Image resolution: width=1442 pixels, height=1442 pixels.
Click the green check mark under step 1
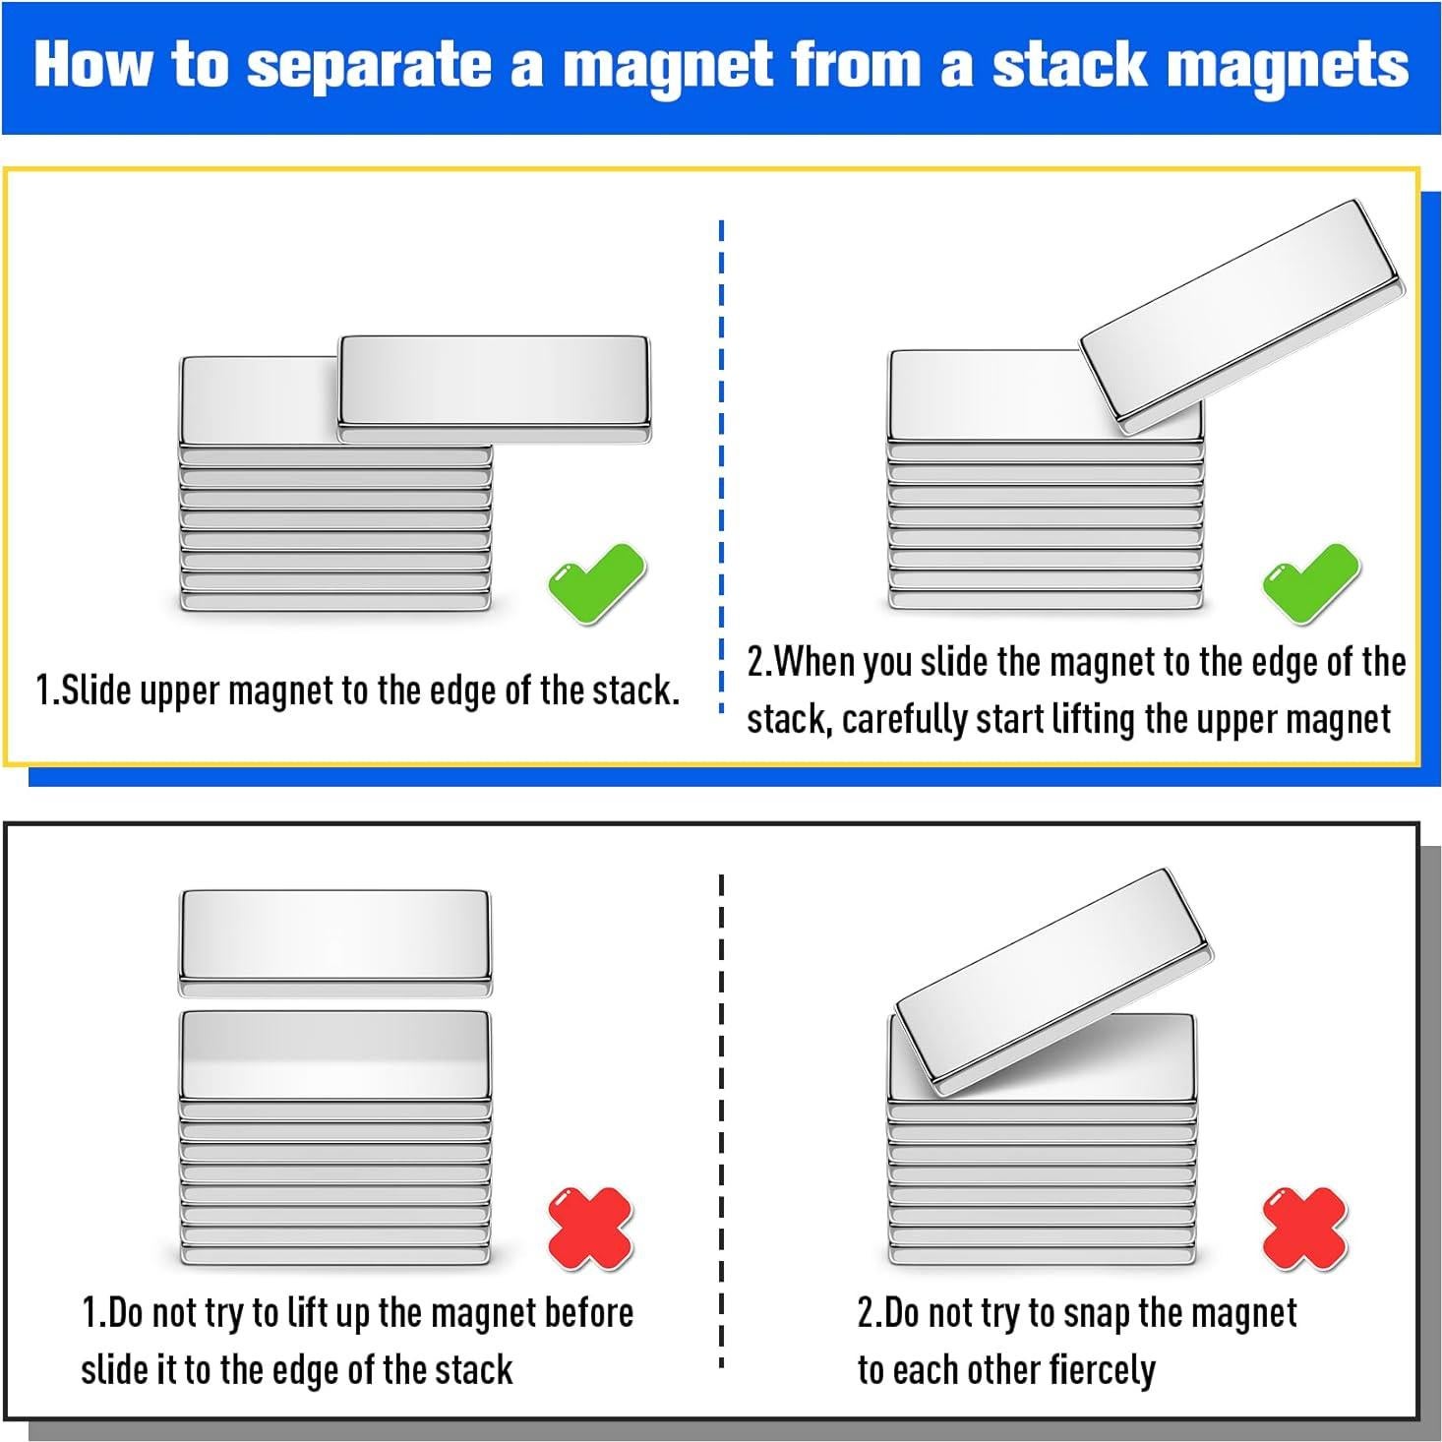tap(596, 583)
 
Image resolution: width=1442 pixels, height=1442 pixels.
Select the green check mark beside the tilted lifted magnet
tap(1310, 583)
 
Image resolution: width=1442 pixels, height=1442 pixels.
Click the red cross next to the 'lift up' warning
tap(591, 1229)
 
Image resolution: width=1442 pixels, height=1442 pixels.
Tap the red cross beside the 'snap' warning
tap(1304, 1229)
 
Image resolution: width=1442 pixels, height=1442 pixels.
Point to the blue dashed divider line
tap(721, 465)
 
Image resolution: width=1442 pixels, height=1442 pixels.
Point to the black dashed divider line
tap(721, 1120)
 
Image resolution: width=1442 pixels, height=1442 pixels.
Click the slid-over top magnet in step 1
tap(495, 390)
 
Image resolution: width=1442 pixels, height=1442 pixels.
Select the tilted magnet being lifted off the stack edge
tap(1242, 317)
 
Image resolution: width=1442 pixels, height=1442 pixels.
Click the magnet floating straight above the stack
tap(334, 943)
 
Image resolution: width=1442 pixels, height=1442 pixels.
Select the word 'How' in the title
tap(92, 64)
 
